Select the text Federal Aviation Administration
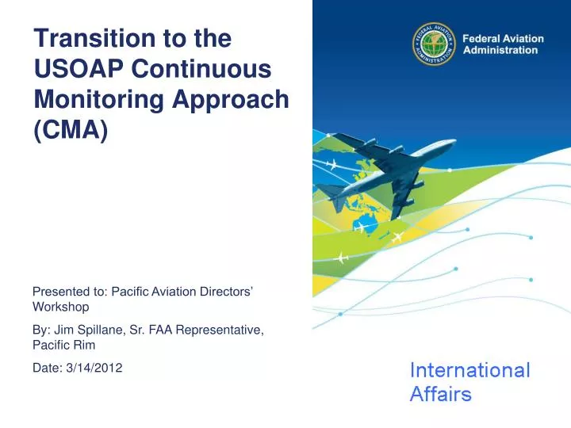[502, 44]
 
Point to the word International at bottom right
[469, 370]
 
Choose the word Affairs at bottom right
[440, 394]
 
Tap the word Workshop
[60, 306]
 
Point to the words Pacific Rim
[63, 345]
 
